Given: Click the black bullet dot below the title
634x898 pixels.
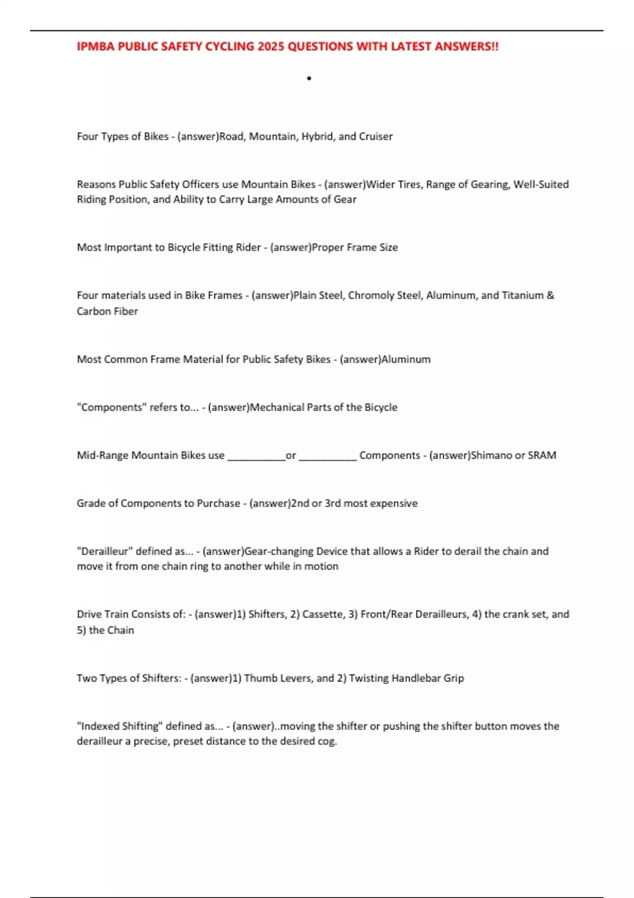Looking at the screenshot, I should coord(309,79).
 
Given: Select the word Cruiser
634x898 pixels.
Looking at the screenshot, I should coord(376,136).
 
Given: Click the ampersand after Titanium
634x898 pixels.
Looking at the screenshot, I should coord(551,295).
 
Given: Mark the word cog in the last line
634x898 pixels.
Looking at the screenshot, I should coord(327,741).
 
